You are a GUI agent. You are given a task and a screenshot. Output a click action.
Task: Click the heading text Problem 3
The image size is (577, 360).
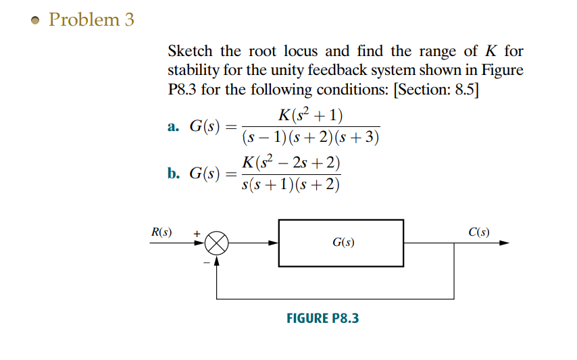pos(92,20)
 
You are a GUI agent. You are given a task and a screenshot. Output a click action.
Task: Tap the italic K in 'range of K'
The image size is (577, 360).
pos(491,51)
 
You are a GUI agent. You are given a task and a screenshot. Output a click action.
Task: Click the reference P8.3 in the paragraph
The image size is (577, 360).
pos(183,90)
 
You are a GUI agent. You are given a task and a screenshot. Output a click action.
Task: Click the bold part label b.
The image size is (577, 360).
pos(173,174)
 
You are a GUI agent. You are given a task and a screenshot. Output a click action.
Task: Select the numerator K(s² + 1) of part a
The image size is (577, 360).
pos(310,115)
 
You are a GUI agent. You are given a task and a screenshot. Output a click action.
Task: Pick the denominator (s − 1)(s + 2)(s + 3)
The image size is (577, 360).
pos(310,138)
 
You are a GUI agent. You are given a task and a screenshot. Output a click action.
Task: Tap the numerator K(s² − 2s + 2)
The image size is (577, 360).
pos(291,163)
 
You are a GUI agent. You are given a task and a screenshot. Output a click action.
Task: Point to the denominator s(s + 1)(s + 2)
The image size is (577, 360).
pos(291,185)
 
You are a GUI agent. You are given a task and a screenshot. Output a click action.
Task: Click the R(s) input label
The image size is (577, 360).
pos(161,233)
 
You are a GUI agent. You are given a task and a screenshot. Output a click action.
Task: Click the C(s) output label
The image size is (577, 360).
pos(479,233)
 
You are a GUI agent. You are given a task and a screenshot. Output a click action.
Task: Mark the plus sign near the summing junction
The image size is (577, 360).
pos(197,234)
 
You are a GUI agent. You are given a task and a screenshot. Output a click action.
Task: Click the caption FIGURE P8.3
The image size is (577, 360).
pos(323,317)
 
